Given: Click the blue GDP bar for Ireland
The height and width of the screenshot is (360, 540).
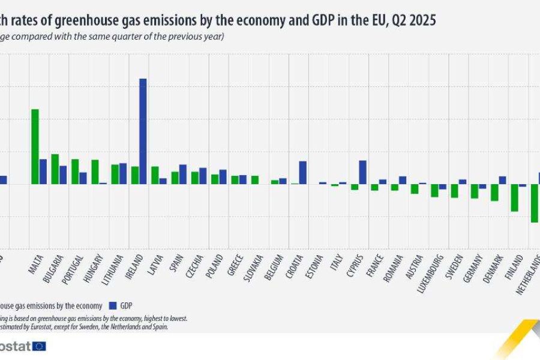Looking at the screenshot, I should click(143, 131).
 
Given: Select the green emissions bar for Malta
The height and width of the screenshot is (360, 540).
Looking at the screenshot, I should click(35, 146).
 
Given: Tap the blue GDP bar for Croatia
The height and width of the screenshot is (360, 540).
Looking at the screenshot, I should click(303, 172).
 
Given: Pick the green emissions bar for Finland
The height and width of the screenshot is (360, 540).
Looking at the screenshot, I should click(514, 197).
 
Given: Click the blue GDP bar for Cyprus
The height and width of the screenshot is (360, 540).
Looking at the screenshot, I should click(362, 172).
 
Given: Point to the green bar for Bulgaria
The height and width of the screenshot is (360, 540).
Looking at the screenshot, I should click(55, 169).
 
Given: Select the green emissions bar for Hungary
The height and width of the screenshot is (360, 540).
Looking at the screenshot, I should click(95, 172).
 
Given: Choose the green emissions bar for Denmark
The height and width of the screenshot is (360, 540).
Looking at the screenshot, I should click(494, 192).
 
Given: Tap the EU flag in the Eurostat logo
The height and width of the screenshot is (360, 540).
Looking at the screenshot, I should click(39, 346).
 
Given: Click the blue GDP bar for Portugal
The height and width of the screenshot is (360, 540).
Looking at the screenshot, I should click(83, 178).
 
